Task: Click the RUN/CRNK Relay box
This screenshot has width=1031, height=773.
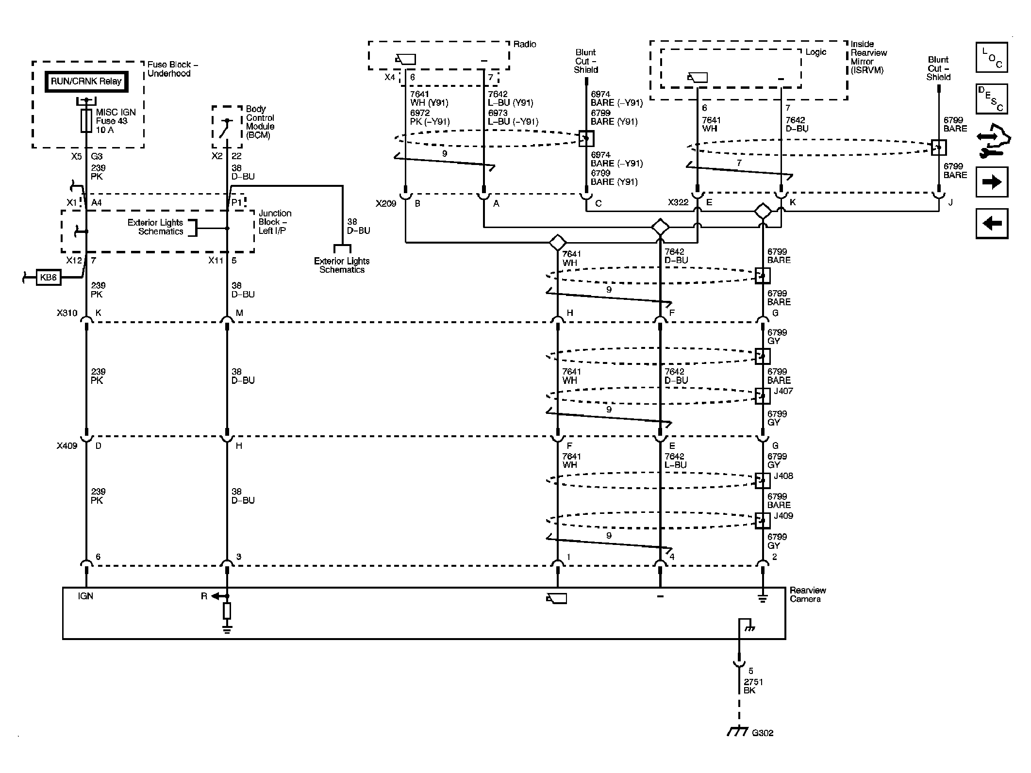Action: [x=86, y=82]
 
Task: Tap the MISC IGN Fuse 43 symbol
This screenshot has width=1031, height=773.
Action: [x=86, y=121]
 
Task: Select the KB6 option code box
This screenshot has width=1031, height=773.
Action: [x=49, y=278]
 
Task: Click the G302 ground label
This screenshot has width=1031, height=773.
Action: [x=763, y=733]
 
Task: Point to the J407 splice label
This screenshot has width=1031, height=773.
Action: [x=783, y=391]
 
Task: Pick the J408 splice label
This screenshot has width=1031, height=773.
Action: [x=783, y=476]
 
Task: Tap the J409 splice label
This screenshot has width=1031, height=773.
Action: [x=783, y=516]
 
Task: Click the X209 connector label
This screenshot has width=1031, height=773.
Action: [x=386, y=203]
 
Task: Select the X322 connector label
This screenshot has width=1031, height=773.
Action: [x=678, y=202]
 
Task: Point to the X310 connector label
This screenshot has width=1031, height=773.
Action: [x=67, y=313]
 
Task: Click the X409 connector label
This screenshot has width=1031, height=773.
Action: [x=67, y=446]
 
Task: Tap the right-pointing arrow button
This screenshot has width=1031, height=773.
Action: [x=992, y=182]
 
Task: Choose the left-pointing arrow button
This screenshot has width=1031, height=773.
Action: [x=992, y=223]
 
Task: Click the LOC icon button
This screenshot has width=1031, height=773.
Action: [x=992, y=57]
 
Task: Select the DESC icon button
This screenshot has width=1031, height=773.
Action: [x=992, y=99]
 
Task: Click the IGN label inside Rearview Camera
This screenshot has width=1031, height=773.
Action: [x=85, y=596]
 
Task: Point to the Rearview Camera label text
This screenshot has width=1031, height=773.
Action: [x=808, y=595]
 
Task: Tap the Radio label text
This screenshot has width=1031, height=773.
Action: [x=525, y=44]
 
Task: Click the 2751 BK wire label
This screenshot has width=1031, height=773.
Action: [x=753, y=686]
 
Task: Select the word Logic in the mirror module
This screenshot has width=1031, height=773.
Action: [x=815, y=52]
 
